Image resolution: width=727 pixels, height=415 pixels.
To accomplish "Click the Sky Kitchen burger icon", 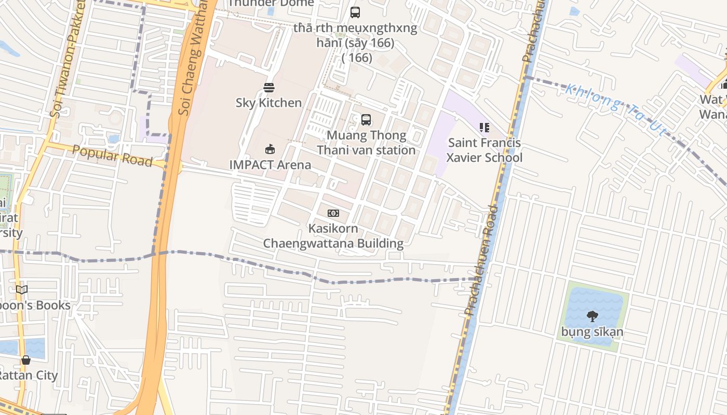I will click(268, 87).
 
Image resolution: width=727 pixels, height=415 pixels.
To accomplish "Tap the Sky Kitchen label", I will click(268, 103).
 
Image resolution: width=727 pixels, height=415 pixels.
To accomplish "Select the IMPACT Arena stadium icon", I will click(270, 149).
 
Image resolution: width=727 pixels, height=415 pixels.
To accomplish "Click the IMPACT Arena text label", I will click(270, 165).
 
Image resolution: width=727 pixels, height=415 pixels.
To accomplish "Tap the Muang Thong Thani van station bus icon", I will click(366, 120).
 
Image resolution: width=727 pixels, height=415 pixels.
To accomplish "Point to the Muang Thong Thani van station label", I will click(366, 143).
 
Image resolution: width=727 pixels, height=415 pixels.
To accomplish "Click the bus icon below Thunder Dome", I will click(355, 12).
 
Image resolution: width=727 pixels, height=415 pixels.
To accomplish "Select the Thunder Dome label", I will click(271, 3).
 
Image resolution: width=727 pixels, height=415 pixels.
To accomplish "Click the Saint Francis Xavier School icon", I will click(484, 127).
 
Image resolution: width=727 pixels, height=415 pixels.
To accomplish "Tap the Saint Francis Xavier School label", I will click(484, 150).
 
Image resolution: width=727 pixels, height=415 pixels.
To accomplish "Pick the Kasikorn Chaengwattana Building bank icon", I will click(333, 213).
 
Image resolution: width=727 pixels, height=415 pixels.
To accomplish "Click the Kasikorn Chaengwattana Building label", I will click(333, 236).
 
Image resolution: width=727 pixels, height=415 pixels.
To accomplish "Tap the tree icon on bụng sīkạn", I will click(592, 316).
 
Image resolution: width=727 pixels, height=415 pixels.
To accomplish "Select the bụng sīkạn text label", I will click(592, 331).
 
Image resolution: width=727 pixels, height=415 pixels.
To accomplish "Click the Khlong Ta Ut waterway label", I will click(615, 110).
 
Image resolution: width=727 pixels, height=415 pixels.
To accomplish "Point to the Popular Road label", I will click(112, 156).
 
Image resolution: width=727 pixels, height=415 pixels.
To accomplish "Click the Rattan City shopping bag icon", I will click(25, 360).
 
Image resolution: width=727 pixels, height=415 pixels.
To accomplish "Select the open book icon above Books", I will click(22, 289).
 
